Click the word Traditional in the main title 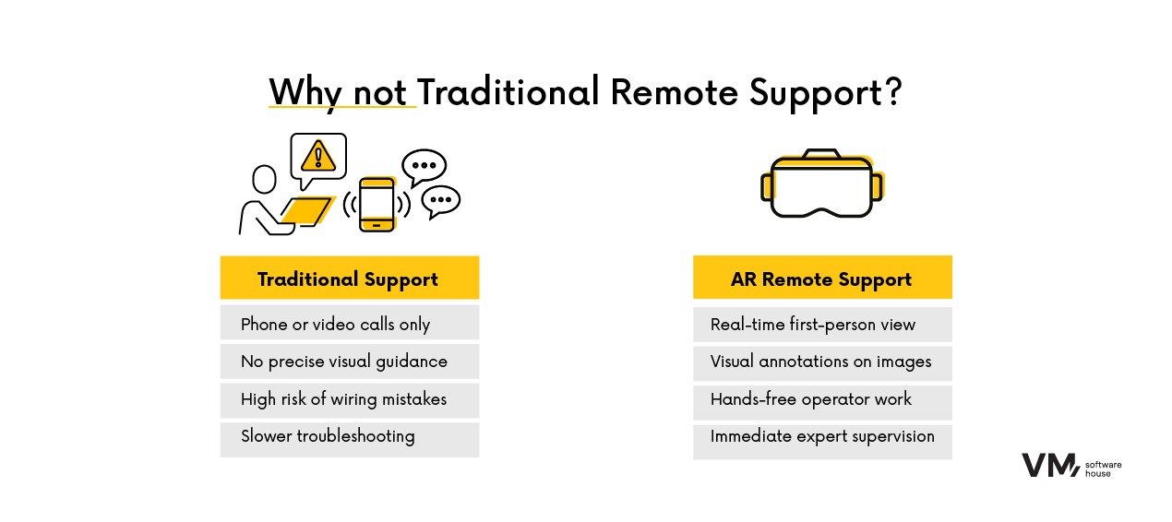(508, 92)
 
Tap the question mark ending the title (892, 92)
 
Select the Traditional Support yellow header (349, 279)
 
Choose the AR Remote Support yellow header (821, 279)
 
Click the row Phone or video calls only (349, 325)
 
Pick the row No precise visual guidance (349, 362)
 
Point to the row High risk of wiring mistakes (349, 399)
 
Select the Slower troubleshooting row (349, 437)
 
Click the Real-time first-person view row (821, 325)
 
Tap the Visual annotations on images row (821, 362)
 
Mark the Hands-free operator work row (821, 399)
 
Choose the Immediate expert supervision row (821, 437)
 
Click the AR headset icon (821, 184)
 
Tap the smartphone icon (377, 204)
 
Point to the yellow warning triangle (318, 156)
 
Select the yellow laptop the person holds (307, 211)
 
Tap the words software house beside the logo (1103, 467)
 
